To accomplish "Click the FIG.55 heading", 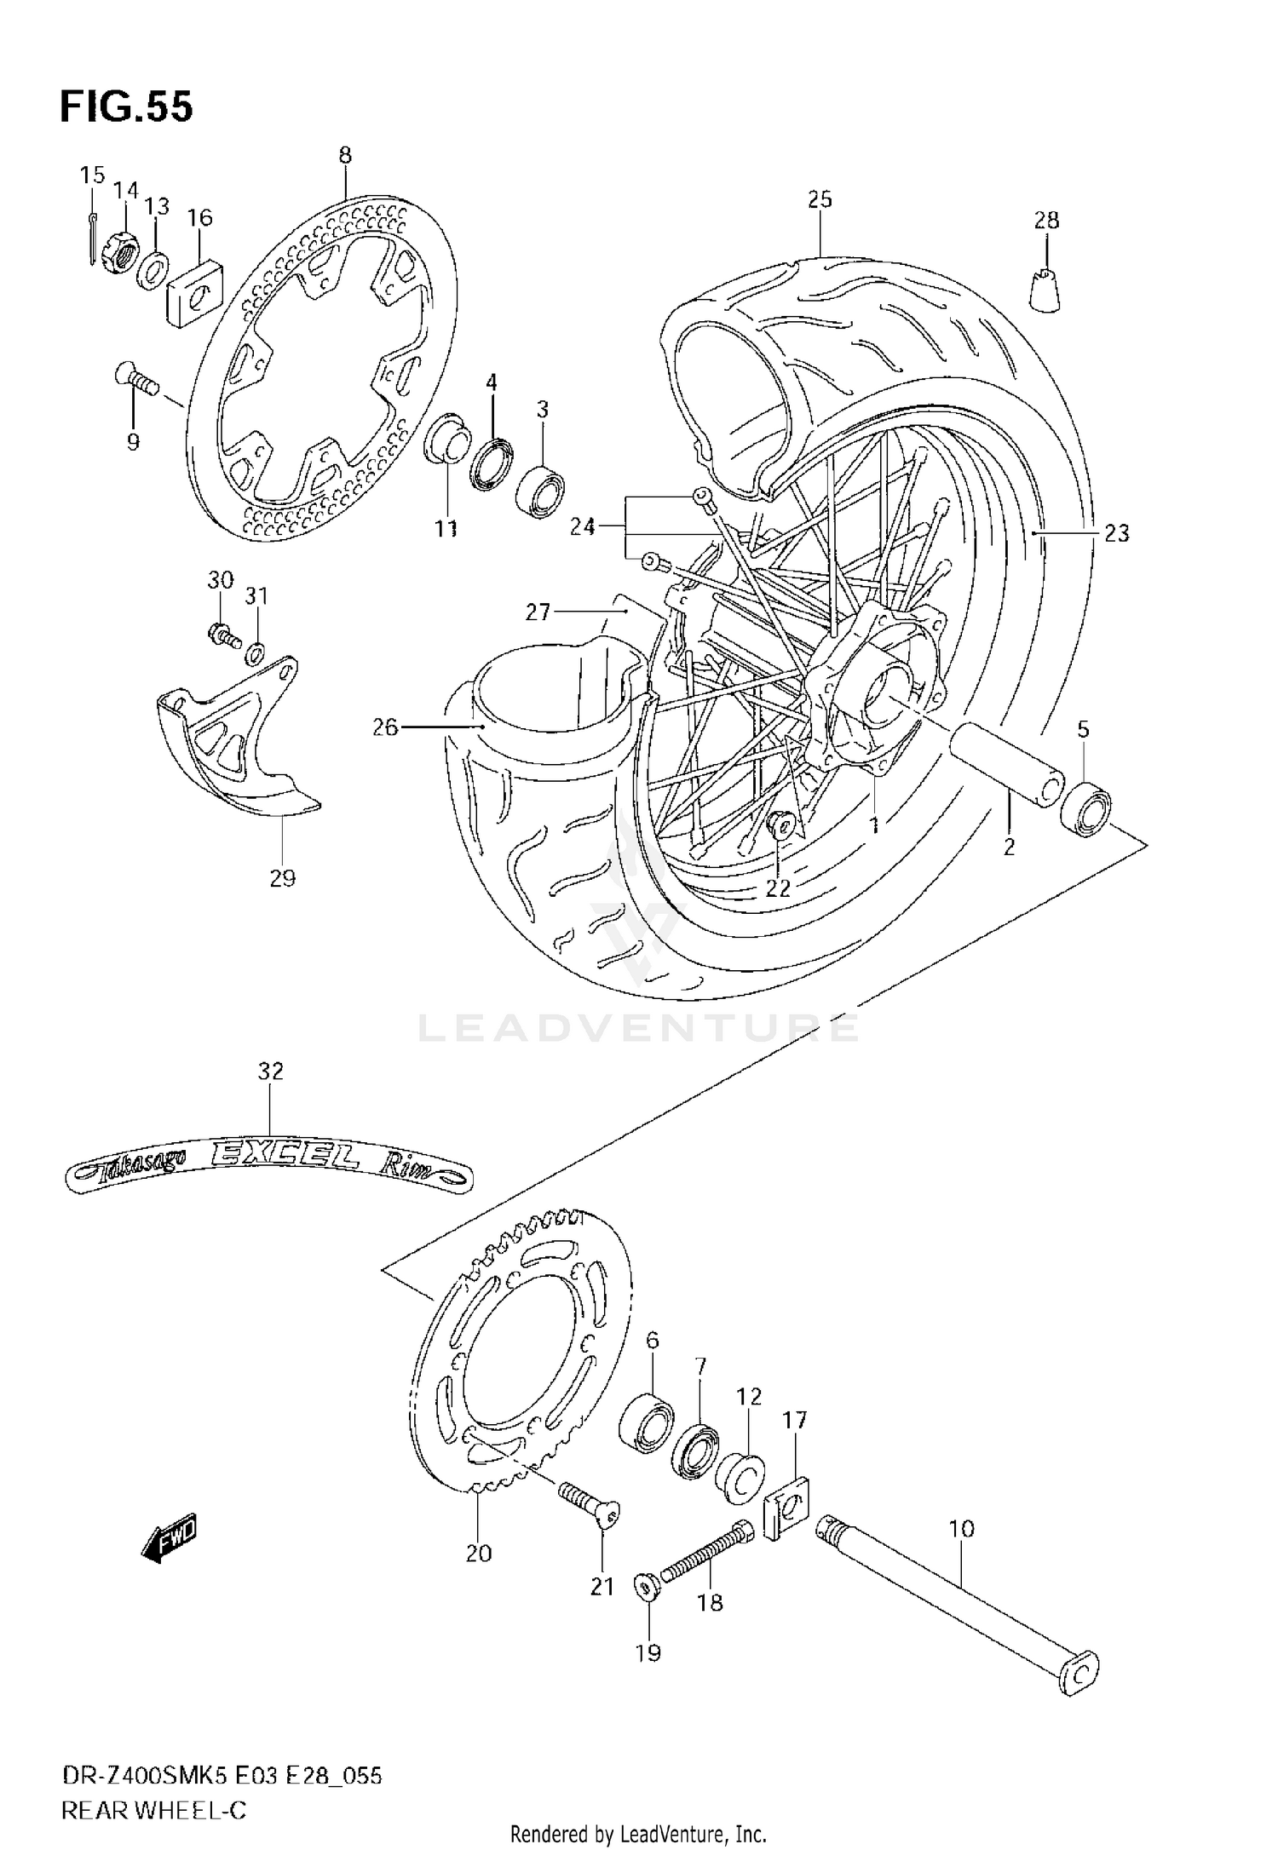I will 126,107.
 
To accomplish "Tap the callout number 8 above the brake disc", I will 344,155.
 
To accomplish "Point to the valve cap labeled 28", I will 1045,290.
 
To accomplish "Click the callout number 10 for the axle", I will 960,1529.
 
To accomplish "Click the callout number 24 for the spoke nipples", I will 583,527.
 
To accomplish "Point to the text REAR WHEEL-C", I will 153,1811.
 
